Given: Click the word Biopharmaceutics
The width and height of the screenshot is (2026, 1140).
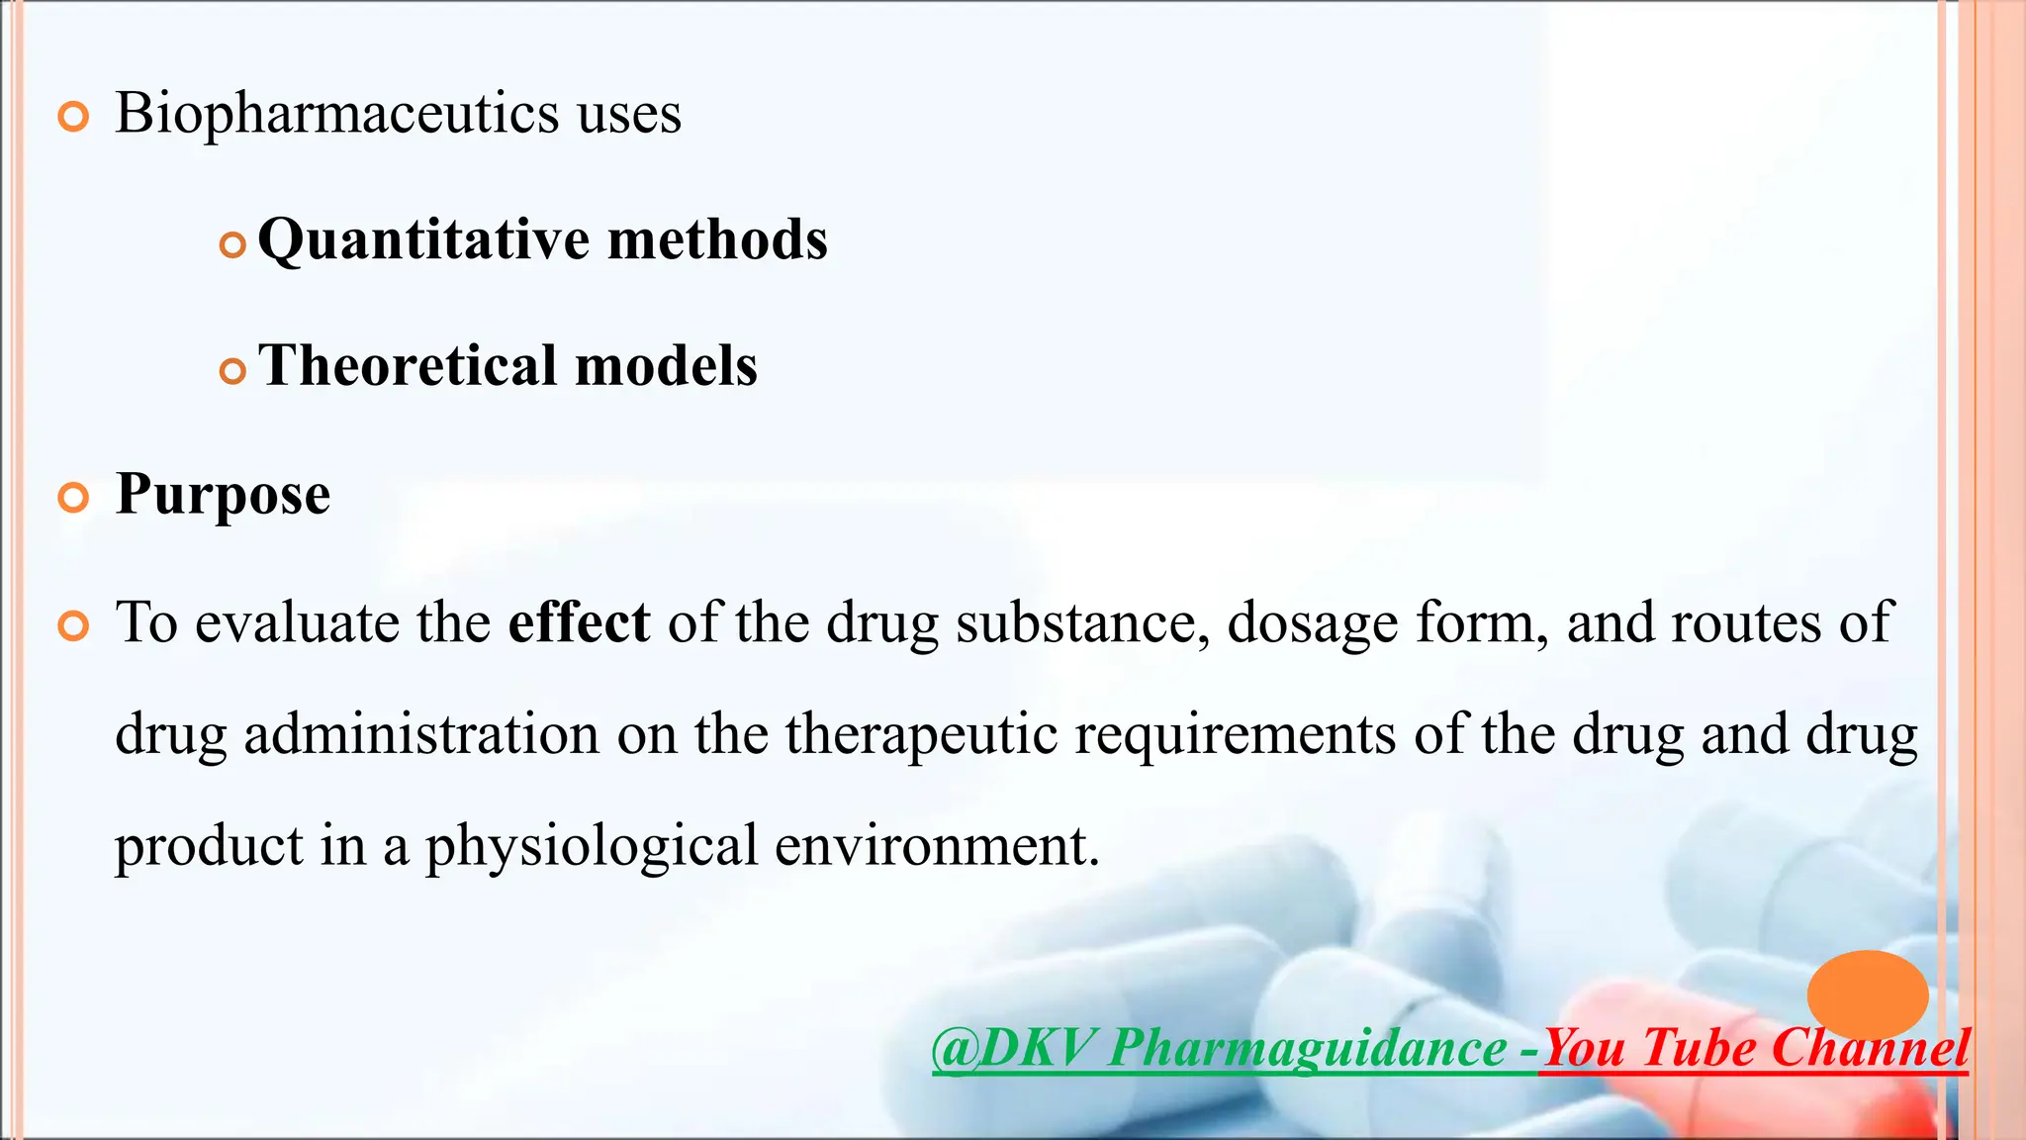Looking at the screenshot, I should pyautogui.click(x=337, y=114).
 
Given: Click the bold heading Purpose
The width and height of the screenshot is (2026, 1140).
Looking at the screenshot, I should pyautogui.click(x=223, y=494).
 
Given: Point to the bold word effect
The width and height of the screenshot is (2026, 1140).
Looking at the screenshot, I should pyautogui.click(x=579, y=622).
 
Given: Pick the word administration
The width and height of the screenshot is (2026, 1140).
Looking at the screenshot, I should pyautogui.click(x=421, y=734).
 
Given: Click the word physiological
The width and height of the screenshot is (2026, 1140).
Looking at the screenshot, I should pyautogui.click(x=591, y=846).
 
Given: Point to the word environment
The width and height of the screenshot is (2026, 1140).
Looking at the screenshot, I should pyautogui.click(x=937, y=846).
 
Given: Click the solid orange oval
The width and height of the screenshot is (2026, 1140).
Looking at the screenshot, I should pyautogui.click(x=1867, y=994).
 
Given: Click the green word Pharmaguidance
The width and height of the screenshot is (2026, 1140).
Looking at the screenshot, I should pyautogui.click(x=1307, y=1047).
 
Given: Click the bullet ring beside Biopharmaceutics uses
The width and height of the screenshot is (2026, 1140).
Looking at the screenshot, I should pyautogui.click(x=73, y=118).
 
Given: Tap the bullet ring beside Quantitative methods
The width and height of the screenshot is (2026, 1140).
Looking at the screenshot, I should pyautogui.click(x=231, y=245).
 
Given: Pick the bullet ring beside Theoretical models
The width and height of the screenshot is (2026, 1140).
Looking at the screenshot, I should pyautogui.click(x=231, y=372).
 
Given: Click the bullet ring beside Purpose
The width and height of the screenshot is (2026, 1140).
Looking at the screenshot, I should pyautogui.click(x=73, y=498).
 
